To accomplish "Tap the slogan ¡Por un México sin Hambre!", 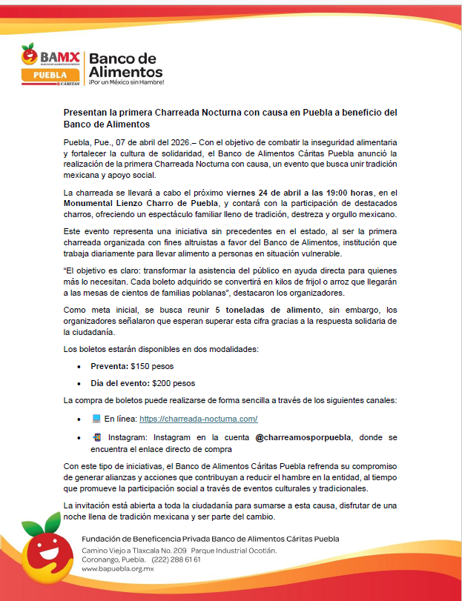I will (126, 83).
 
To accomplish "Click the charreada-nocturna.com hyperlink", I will (198, 419).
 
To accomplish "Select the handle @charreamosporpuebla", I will (303, 437).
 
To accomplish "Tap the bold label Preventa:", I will (109, 365).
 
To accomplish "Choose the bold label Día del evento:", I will (119, 383).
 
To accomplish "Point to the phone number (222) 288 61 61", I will (176, 559).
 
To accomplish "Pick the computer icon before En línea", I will (96, 419).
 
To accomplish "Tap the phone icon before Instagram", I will (96, 437).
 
